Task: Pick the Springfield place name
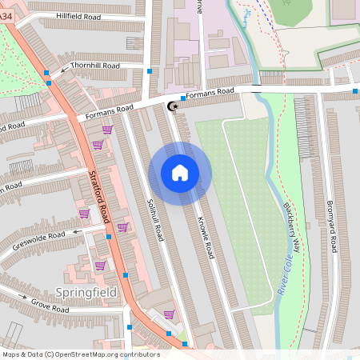coord(86,292)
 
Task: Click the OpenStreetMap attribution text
coord(80,354)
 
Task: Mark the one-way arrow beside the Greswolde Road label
coord(78,230)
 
